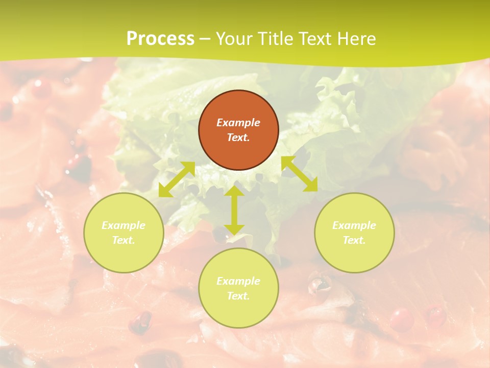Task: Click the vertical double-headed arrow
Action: pos(234,210)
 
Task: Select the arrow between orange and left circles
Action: pos(177,179)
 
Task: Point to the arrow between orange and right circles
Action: pos(300,174)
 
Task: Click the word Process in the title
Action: pos(160,38)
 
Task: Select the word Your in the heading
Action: pos(233,38)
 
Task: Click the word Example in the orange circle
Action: pos(238,123)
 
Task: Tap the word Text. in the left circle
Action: pos(124,240)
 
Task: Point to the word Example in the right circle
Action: pos(354,225)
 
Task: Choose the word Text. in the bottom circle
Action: pos(238,296)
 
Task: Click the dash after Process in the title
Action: pos(205,39)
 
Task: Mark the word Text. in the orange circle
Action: pos(238,137)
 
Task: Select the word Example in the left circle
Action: pos(124,225)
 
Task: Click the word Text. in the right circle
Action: pos(354,240)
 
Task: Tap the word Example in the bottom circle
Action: pos(238,281)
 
